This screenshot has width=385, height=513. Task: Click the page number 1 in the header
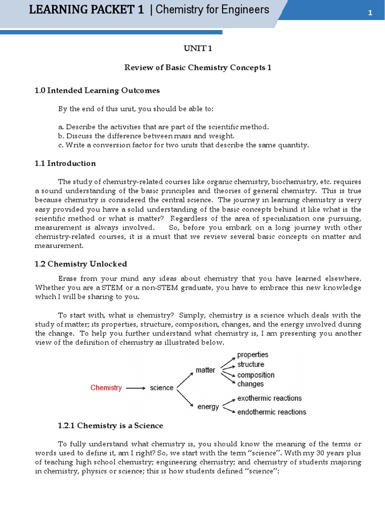(370, 13)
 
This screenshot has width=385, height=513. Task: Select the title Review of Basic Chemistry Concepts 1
(198, 68)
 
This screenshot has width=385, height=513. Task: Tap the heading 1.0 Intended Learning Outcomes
(97, 91)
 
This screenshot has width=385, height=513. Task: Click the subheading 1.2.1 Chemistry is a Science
(110, 425)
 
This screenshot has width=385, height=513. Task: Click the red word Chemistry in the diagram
(106, 388)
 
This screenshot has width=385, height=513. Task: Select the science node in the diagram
(161, 388)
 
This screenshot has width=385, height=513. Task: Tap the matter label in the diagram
(206, 370)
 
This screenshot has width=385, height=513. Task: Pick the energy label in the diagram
(208, 407)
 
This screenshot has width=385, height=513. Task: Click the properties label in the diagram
(253, 355)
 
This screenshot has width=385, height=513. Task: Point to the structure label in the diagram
(251, 365)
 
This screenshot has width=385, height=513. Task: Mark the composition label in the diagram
(256, 375)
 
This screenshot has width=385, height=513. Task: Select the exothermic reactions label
(269, 398)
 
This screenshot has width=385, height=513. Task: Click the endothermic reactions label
(271, 412)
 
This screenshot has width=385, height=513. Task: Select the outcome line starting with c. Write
(183, 145)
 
